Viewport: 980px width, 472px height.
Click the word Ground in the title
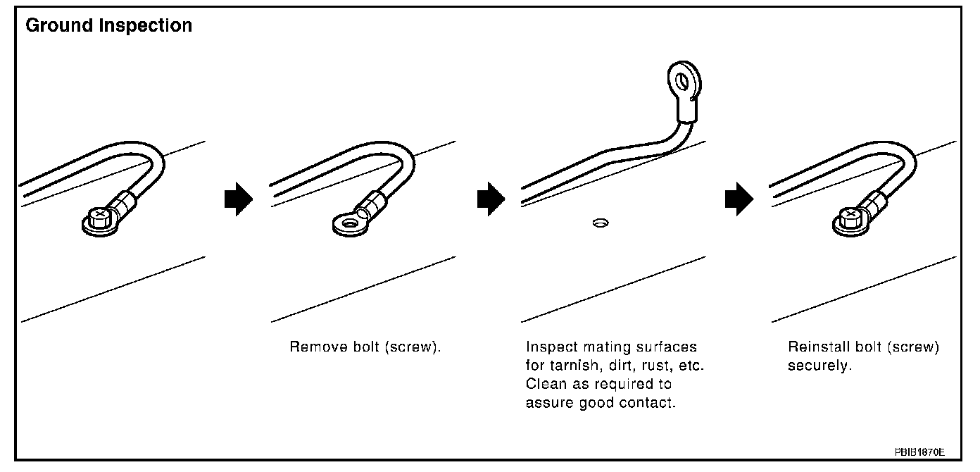(58, 26)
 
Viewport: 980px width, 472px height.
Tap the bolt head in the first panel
(101, 214)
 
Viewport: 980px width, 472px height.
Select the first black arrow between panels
(237, 200)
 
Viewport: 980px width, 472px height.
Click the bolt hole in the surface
(600, 224)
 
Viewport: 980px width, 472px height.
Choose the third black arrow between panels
(739, 200)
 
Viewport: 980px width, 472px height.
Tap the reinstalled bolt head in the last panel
(850, 214)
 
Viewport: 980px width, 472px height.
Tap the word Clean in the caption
(544, 385)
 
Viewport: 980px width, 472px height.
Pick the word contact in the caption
(651, 403)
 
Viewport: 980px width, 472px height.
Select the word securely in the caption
(819, 366)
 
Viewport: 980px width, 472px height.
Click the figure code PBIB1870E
(919, 451)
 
